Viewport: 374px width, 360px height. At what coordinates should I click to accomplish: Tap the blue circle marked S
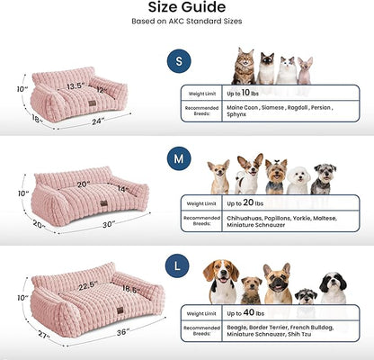click(x=179, y=61)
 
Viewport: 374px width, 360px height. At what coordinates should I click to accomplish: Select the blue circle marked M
click(x=179, y=160)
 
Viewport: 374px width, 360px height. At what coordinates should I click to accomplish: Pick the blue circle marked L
click(x=179, y=267)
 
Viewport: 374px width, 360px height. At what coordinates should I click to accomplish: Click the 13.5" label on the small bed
click(x=75, y=86)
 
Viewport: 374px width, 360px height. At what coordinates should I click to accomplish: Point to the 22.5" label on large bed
click(x=88, y=287)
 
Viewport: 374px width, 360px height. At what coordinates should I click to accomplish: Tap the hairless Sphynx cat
click(x=305, y=70)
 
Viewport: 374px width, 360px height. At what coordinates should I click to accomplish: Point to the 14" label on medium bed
click(x=122, y=189)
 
